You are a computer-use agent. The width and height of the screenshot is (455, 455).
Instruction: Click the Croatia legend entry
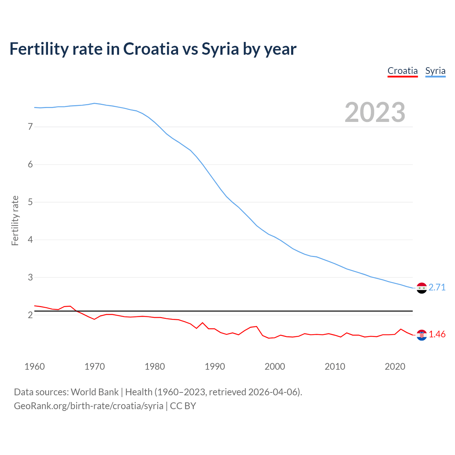(x=402, y=71)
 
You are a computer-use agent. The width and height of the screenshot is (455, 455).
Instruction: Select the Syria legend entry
(x=435, y=71)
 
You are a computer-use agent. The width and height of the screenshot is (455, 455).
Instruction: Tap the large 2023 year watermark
(x=375, y=112)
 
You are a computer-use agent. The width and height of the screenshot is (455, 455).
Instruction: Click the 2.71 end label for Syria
(x=437, y=287)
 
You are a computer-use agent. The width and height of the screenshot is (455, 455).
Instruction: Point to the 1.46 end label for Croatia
(x=437, y=334)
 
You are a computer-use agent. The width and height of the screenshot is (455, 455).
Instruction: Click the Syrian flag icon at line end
(x=422, y=288)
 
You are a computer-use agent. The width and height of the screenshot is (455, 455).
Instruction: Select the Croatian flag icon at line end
(x=422, y=335)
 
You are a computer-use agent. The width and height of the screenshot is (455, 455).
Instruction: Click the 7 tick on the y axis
(x=30, y=127)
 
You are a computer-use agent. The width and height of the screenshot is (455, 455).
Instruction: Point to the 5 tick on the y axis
(x=30, y=202)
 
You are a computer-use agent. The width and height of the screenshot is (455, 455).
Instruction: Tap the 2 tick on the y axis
(x=30, y=315)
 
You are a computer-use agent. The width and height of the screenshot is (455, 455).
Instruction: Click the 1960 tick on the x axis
(x=34, y=366)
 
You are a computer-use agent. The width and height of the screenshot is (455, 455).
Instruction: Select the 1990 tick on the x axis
(x=215, y=366)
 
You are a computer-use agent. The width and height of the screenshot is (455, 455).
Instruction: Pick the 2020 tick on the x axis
(x=395, y=366)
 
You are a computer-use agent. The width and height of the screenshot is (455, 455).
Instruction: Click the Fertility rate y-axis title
(x=15, y=220)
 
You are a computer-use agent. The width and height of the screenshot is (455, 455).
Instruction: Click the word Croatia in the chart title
(x=151, y=49)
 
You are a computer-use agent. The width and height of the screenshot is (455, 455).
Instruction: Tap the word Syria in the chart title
(x=220, y=49)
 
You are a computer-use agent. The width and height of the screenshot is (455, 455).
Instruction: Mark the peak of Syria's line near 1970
(x=94, y=103)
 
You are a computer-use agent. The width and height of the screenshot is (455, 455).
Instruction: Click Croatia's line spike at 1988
(x=203, y=323)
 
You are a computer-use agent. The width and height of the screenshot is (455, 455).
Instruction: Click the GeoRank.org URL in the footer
(x=89, y=406)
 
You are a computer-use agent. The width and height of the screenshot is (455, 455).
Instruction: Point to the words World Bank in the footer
(x=95, y=392)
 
